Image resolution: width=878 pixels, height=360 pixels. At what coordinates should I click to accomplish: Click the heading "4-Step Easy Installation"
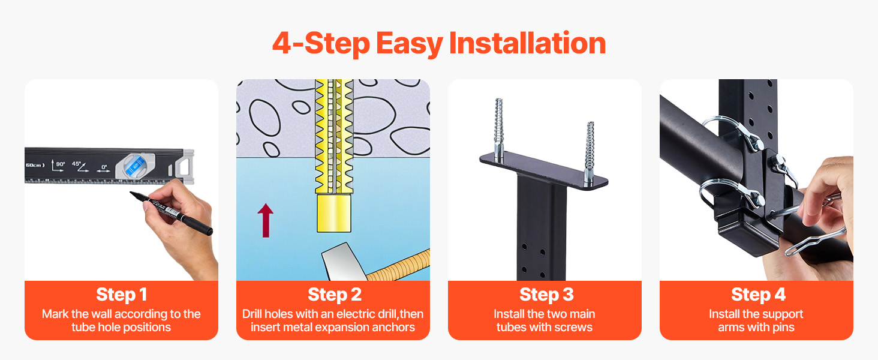[439, 43]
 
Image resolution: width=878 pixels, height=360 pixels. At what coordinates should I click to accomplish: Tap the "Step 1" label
[122, 295]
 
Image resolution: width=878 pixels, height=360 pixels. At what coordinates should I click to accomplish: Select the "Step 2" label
[334, 295]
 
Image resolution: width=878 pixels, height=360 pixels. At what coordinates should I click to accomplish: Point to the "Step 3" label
[546, 295]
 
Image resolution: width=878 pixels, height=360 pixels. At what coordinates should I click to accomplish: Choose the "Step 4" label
[758, 295]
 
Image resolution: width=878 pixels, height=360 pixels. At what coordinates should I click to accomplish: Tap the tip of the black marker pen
[131, 193]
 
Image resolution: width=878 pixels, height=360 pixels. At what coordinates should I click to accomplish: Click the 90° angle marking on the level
[58, 166]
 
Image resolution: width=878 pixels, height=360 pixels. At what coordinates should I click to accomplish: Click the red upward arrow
[265, 220]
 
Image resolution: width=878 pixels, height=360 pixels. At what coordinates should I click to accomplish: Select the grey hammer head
[343, 262]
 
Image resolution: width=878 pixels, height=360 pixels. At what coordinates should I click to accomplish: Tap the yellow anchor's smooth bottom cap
[333, 214]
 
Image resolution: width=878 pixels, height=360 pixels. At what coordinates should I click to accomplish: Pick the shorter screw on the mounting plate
[589, 152]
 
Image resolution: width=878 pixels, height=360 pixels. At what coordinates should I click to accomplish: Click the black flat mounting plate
[544, 171]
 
